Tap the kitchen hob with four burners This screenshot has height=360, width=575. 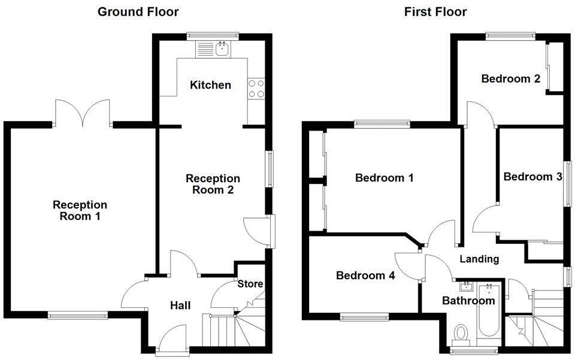pyautogui.click(x=257, y=89)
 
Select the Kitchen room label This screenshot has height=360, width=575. pyautogui.click(x=210, y=85)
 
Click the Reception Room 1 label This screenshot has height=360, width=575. pyautogui.click(x=80, y=210)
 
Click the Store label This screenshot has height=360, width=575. pyautogui.click(x=250, y=284)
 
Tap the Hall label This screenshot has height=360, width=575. pyautogui.click(x=180, y=305)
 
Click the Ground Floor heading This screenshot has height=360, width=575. pyautogui.click(x=138, y=11)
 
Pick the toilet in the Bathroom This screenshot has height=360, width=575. pyautogui.click(x=461, y=332)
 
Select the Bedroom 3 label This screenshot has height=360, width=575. pyautogui.click(x=532, y=177)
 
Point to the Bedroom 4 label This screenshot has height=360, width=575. pyautogui.click(x=365, y=276)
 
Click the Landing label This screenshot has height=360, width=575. pyautogui.click(x=479, y=259)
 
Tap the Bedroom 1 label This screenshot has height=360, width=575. pyautogui.click(x=385, y=178)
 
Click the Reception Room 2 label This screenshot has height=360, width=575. pyautogui.click(x=213, y=184)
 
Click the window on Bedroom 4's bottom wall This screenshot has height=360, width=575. pyautogui.click(x=364, y=316)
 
